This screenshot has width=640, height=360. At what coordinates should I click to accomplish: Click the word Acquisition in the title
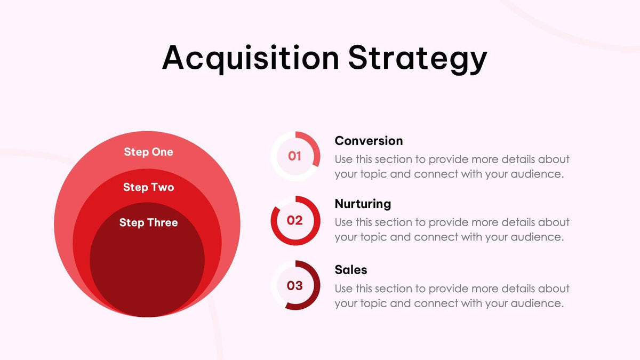coord(250,58)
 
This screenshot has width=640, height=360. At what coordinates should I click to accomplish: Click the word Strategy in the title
coord(418,58)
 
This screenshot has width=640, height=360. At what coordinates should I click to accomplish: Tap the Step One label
coord(148,152)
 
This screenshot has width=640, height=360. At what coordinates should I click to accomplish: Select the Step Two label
coord(148,187)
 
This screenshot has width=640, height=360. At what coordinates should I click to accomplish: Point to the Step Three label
coord(148,222)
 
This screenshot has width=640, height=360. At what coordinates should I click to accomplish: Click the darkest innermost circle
coord(147,267)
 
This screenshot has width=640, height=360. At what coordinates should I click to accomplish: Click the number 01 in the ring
coord(295,156)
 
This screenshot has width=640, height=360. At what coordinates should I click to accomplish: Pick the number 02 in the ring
coord(295,220)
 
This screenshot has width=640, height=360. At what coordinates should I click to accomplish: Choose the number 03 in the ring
coord(295,285)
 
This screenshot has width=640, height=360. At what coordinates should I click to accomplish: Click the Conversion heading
coord(369,141)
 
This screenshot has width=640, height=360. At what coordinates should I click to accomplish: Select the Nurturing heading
coord(363,204)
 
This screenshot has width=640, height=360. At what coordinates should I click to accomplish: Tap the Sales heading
coord(351,270)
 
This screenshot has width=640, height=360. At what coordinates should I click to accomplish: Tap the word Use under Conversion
coord(343,159)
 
